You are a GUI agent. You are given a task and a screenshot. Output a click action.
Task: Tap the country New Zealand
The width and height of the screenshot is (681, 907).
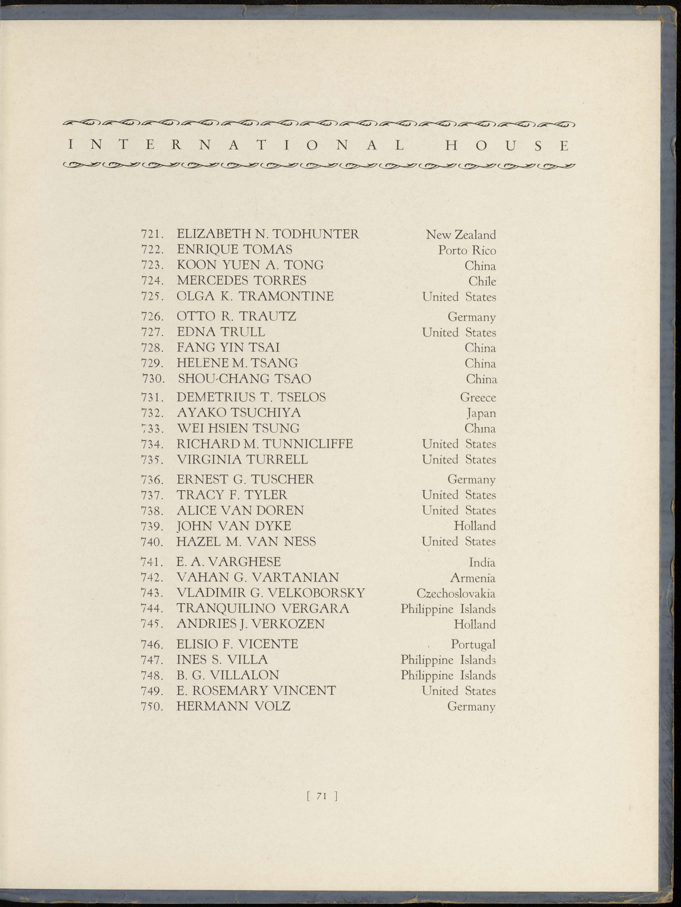pos(461,235)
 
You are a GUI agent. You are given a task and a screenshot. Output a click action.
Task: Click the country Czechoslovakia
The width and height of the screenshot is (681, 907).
pos(456,593)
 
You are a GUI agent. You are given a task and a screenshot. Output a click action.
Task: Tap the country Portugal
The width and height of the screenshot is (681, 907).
pos(473,644)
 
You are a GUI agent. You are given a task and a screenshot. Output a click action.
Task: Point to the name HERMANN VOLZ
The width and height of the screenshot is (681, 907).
pos(233,706)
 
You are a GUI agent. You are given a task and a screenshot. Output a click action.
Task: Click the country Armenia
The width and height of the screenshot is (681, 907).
pos(473,578)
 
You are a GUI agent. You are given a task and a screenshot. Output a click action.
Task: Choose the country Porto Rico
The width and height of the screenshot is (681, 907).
pos(467,250)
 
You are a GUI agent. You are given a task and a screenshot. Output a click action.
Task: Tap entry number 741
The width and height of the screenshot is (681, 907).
pos(153,562)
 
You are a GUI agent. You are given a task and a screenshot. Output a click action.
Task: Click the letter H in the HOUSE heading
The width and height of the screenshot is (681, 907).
pos(451,146)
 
